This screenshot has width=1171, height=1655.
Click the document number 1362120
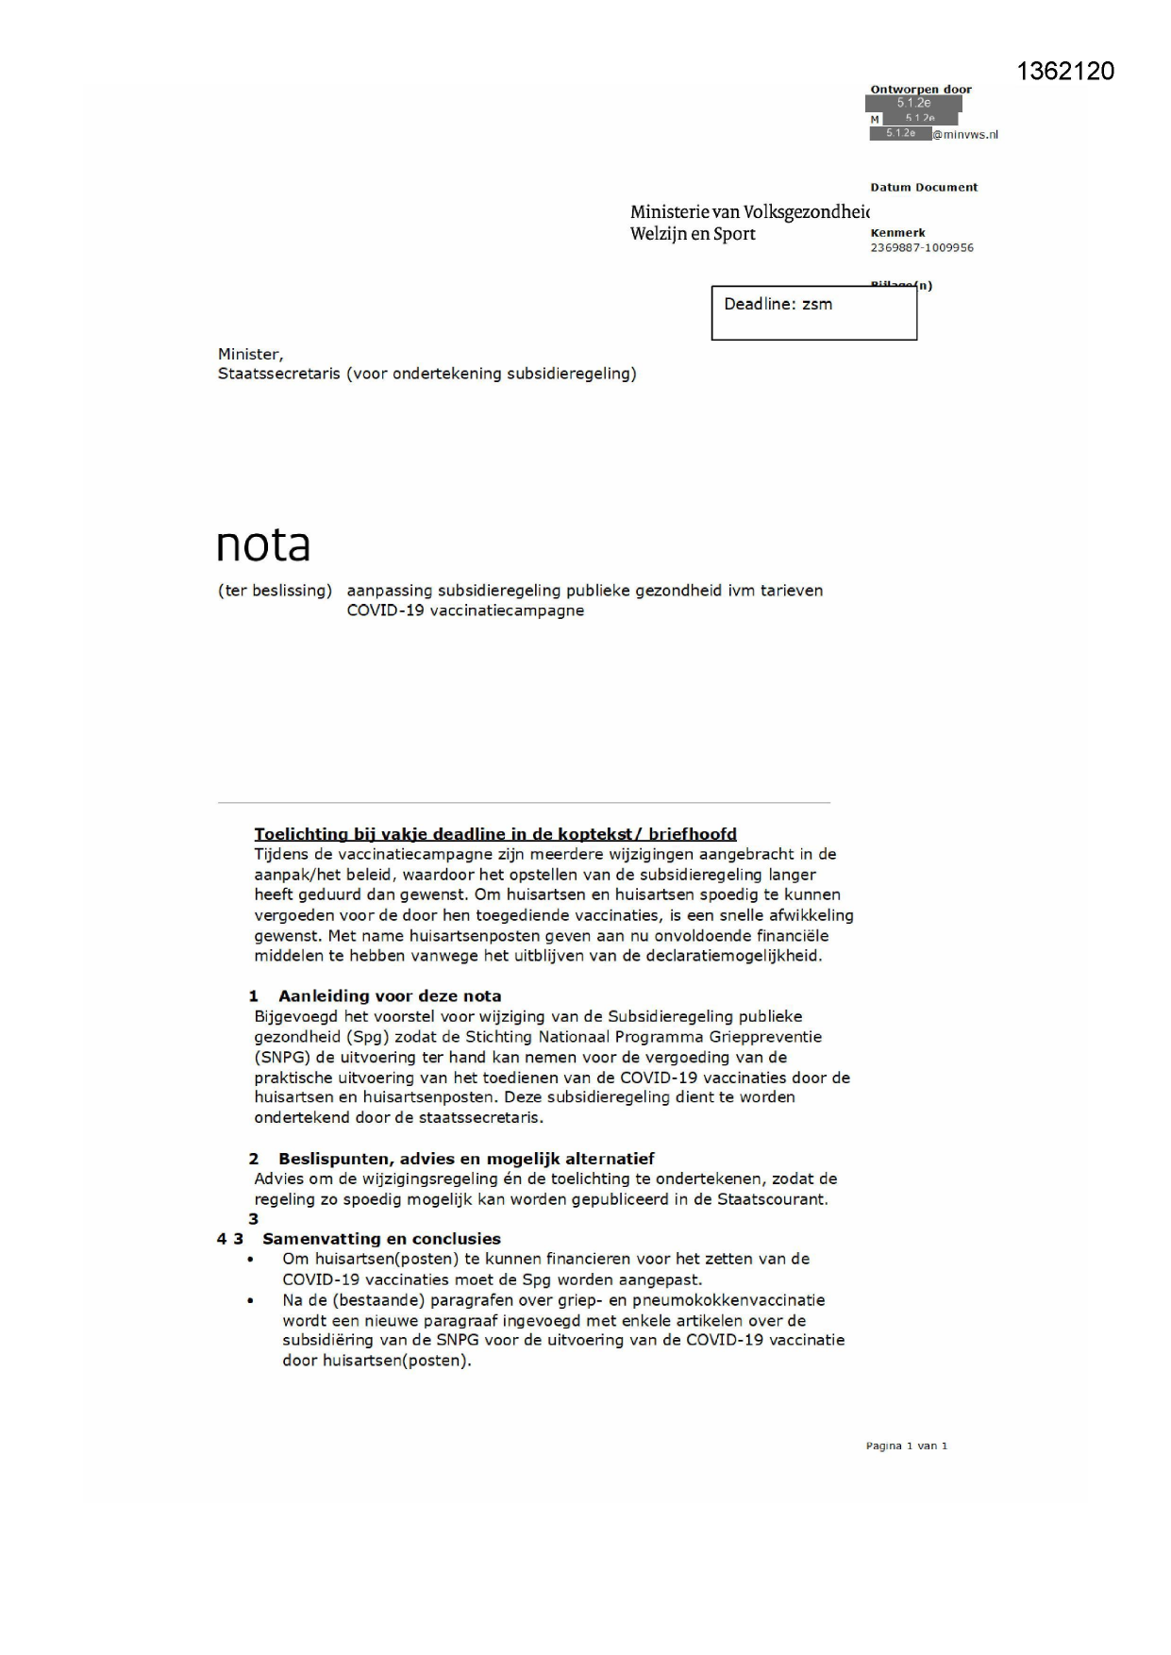pos(1065,72)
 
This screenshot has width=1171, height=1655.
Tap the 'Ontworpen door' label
pos(920,90)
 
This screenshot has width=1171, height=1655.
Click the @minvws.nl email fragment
pos(965,135)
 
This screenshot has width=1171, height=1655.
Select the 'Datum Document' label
pos(923,188)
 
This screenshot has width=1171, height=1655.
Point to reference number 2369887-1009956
pos(921,248)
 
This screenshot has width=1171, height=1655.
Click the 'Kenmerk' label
pos(896,233)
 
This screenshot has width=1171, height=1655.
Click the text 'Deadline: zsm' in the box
pos(778,304)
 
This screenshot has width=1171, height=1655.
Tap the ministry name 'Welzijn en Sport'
pos(693,234)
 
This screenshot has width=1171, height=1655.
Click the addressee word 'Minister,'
pos(250,354)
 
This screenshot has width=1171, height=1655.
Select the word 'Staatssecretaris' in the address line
pos(278,374)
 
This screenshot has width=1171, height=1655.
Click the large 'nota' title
pos(262,544)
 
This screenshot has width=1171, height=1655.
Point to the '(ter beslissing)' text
pos(275,591)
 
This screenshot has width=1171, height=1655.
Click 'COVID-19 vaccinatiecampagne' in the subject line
pos(465,610)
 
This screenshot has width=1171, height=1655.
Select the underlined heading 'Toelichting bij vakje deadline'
pos(494,834)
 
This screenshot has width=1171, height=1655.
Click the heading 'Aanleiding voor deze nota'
pos(389,996)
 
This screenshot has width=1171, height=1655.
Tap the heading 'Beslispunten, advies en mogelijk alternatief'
pos(465,1159)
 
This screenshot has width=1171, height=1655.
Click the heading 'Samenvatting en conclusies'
pos(381,1239)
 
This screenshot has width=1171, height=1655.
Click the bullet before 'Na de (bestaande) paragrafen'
pos(250,1300)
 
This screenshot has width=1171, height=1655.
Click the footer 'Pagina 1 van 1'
pos(906,1446)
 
